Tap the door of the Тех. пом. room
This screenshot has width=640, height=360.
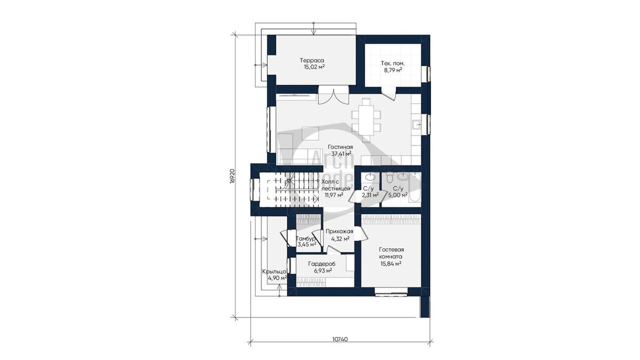[x=389, y=94]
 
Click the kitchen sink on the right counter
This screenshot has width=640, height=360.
[x=417, y=124]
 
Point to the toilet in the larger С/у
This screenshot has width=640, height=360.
[x=389, y=177]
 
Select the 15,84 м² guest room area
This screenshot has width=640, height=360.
[x=391, y=263]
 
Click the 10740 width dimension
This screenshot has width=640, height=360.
[x=340, y=339]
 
